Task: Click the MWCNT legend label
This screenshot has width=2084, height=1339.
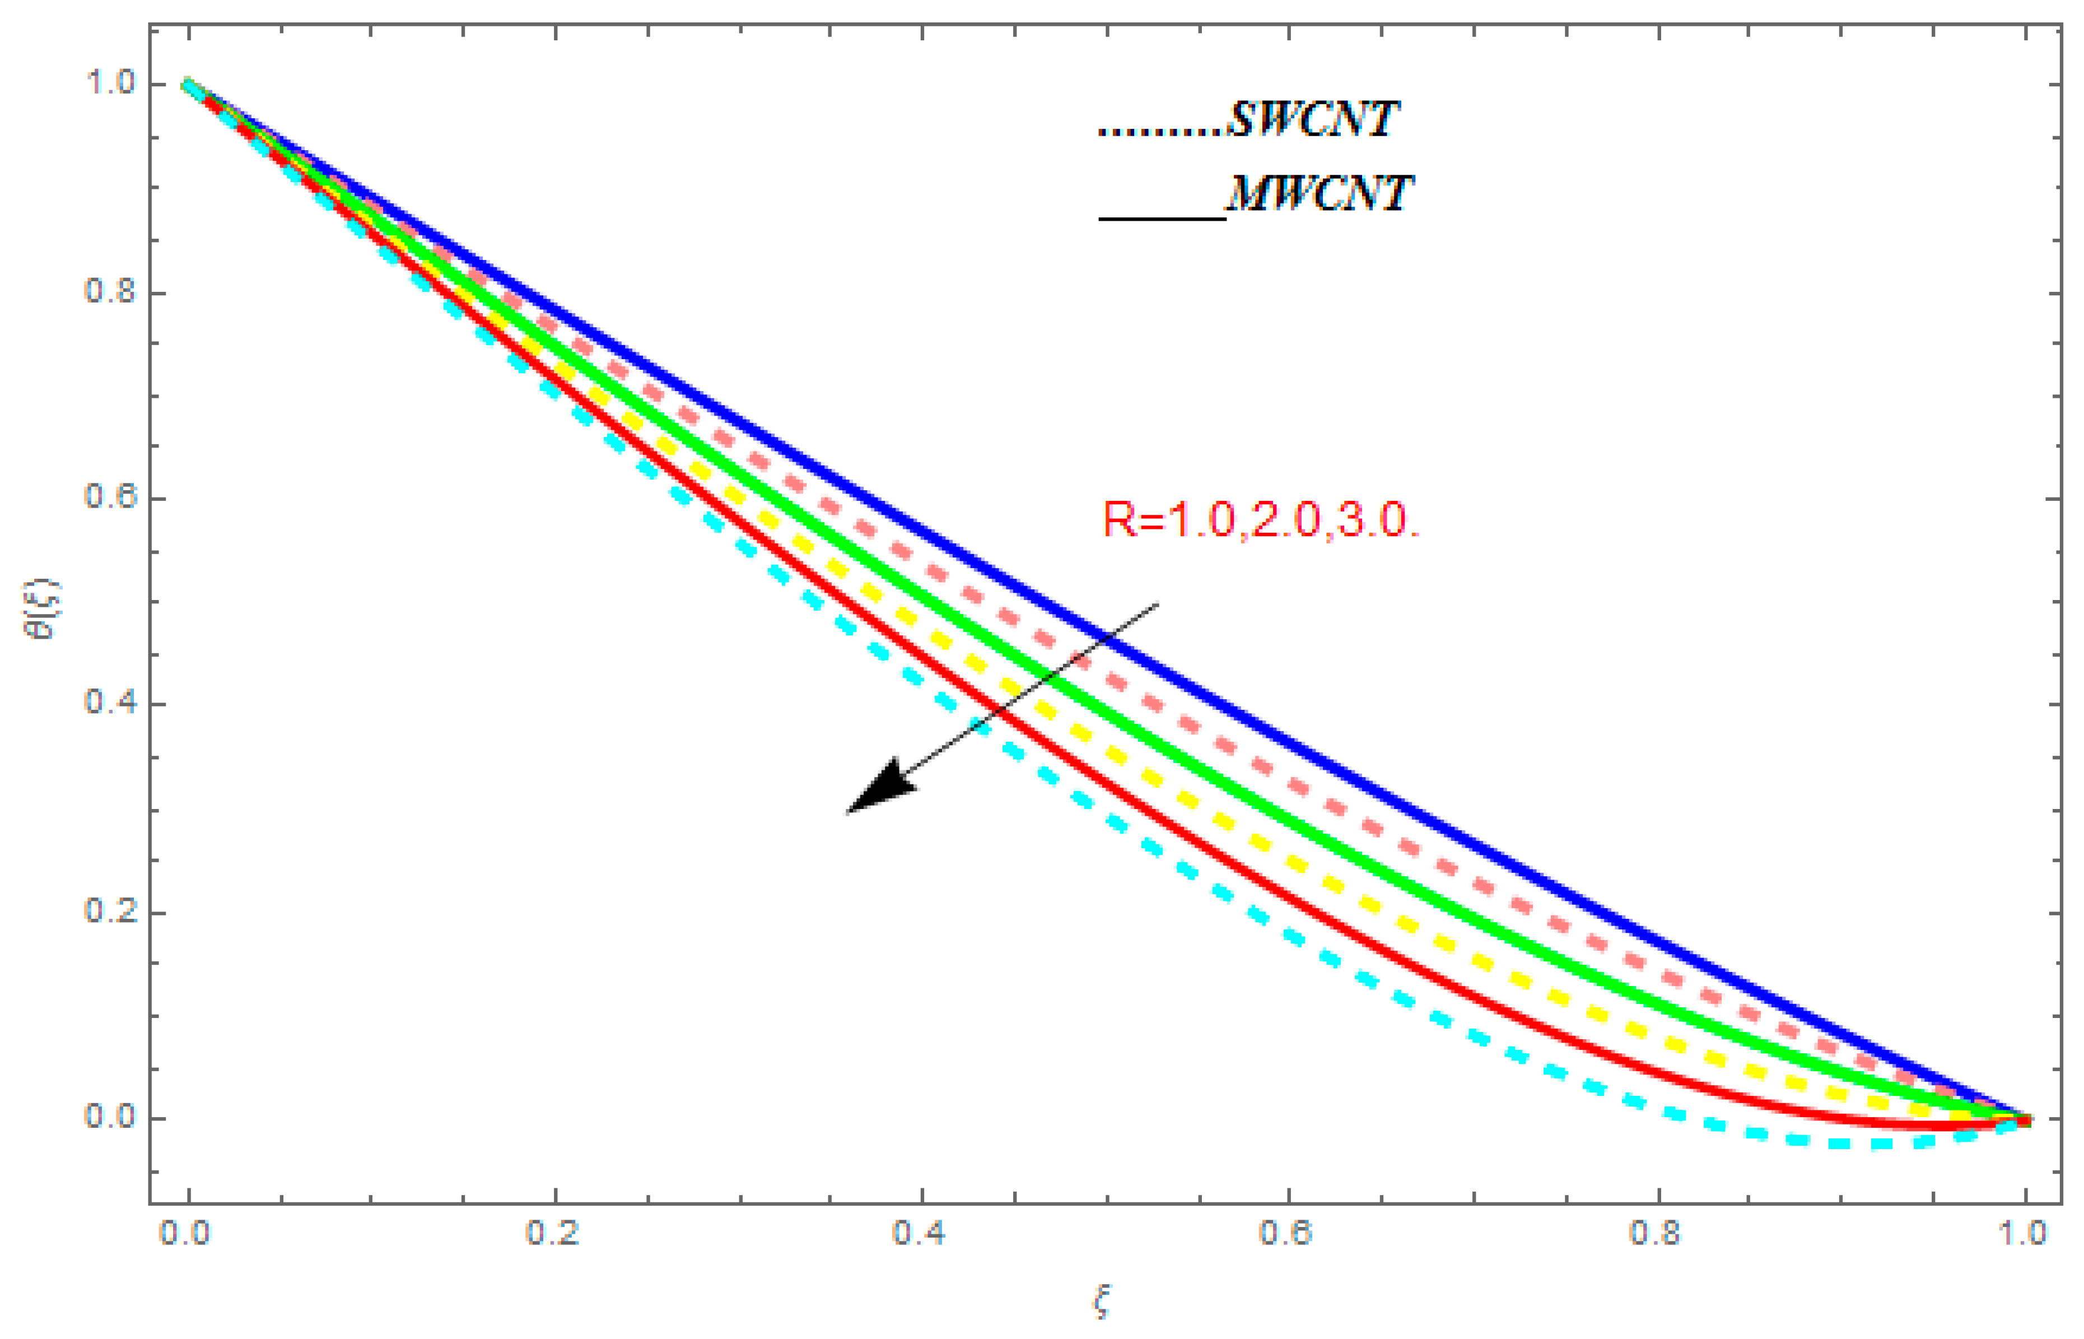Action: (x=1319, y=193)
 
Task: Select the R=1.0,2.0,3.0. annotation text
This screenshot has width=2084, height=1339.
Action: (x=1260, y=520)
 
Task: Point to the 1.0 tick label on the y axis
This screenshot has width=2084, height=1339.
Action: (x=110, y=83)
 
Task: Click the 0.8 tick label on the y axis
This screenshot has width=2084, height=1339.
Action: (x=110, y=290)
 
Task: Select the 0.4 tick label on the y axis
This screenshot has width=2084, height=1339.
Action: (x=110, y=703)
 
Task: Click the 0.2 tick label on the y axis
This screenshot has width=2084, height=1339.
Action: (x=110, y=910)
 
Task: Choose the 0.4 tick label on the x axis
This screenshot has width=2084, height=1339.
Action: (x=920, y=1234)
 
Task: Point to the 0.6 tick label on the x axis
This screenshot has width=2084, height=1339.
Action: (x=1286, y=1234)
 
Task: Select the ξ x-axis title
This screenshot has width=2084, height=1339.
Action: (x=1102, y=1304)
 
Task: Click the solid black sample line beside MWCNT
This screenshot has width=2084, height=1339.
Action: (x=1162, y=217)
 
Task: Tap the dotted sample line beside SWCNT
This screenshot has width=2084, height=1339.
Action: (x=1162, y=133)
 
